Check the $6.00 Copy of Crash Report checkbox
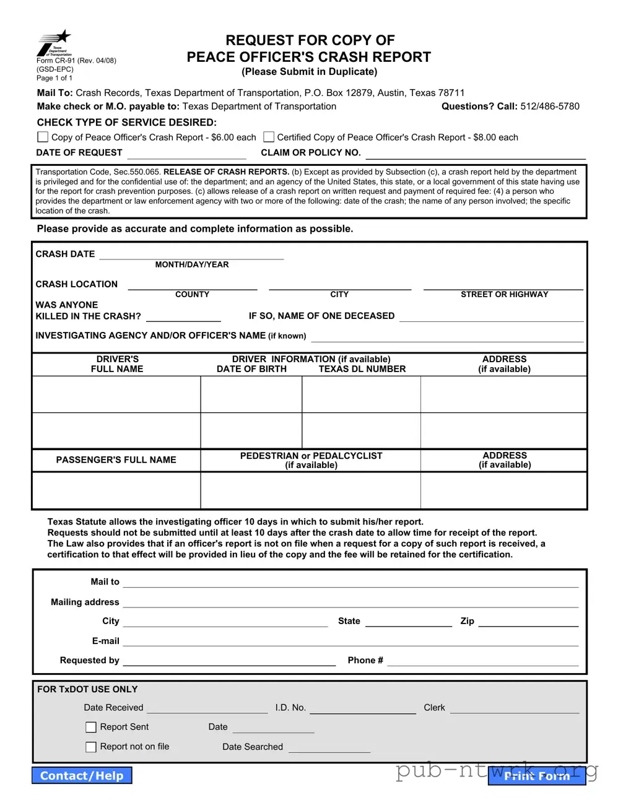click(43, 137)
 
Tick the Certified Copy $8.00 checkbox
click(269, 137)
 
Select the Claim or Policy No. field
click(474, 154)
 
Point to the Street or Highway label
click(504, 295)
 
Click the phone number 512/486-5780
click(550, 107)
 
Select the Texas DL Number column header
click(362, 369)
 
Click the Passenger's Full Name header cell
click(116, 460)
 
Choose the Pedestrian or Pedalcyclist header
click(311, 460)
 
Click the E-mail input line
click(350, 641)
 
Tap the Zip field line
click(528, 622)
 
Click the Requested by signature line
click(229, 661)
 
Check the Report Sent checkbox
click(91, 727)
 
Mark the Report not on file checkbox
click(91, 747)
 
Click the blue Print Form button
click(536, 776)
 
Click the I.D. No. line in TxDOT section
click(362, 708)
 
